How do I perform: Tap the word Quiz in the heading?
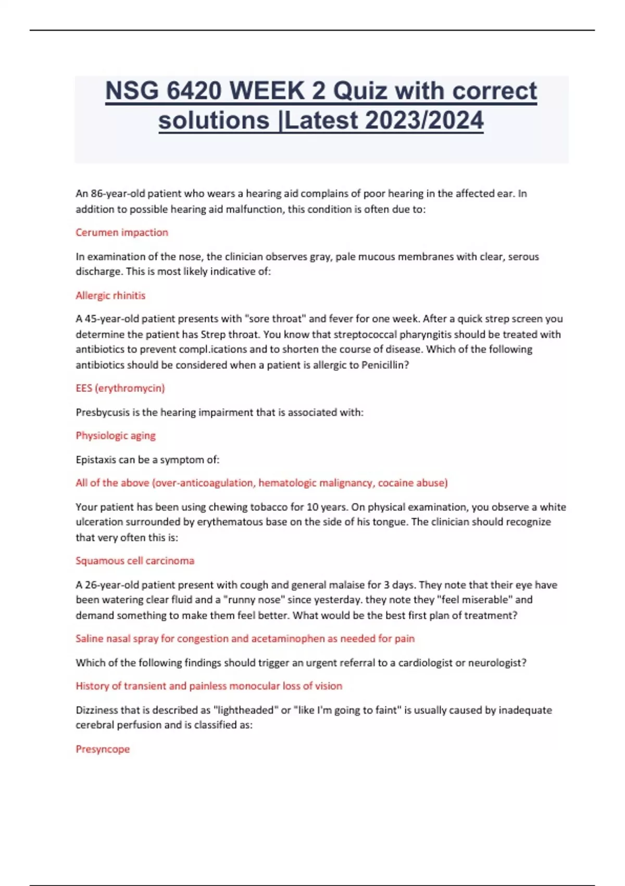360,91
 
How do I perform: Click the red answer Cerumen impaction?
122,232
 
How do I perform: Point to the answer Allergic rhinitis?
110,296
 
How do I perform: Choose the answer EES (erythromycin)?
120,388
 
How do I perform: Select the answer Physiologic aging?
116,436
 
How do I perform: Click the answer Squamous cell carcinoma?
135,561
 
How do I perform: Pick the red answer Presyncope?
103,749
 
